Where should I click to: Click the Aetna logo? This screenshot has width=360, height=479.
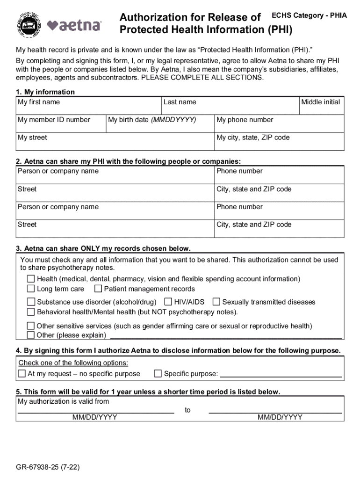[x=74, y=25]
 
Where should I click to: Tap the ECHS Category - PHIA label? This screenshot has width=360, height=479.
[x=310, y=15]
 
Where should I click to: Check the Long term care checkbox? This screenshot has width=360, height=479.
[x=31, y=289]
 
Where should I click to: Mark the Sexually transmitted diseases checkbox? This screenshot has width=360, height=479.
[x=216, y=302]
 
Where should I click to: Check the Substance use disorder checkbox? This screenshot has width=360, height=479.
[x=31, y=302]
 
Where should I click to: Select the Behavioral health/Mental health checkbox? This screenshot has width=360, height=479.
[x=31, y=312]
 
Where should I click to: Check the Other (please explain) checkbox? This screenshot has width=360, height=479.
[x=31, y=335]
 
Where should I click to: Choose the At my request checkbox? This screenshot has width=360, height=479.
[x=22, y=373]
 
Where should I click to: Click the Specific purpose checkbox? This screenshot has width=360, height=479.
[x=158, y=373]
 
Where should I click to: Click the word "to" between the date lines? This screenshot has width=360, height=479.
[x=187, y=410]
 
